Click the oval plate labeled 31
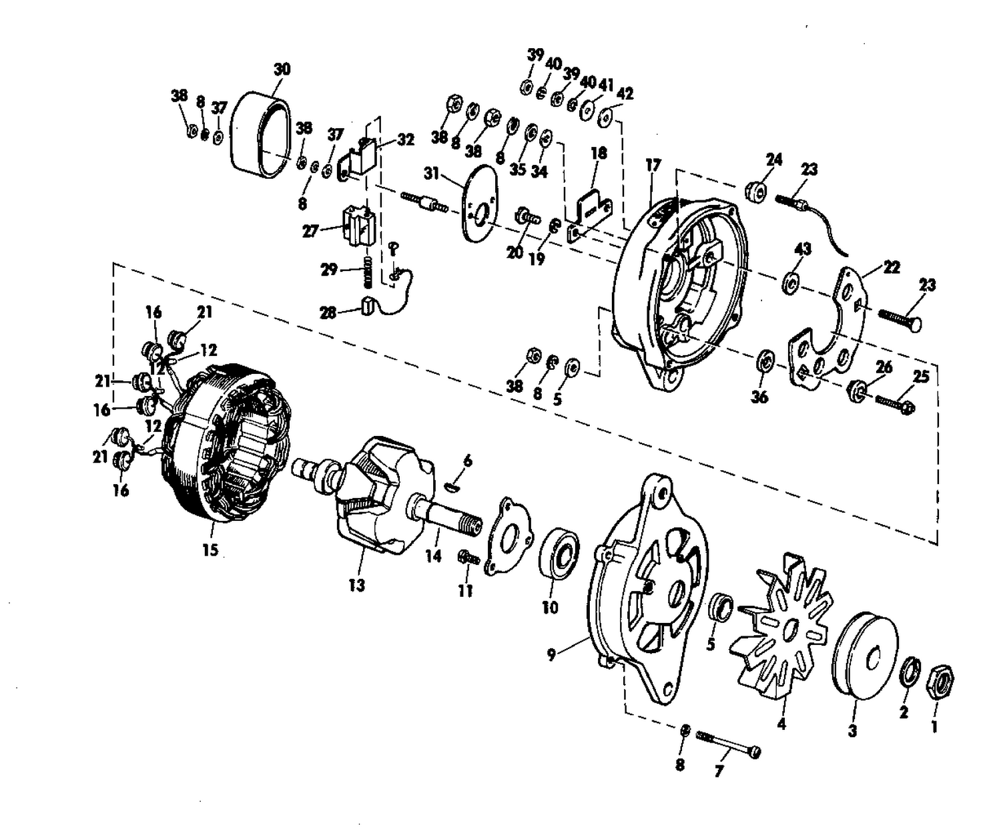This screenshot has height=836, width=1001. coord(478,202)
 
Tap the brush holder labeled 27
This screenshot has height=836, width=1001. coord(358,226)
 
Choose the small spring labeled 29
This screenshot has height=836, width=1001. coord(368,272)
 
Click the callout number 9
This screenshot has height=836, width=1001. coord(551,655)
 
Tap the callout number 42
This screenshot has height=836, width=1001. coord(625,93)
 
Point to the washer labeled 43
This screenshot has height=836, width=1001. coord(789,282)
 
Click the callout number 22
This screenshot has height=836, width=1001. coord(891,267)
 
